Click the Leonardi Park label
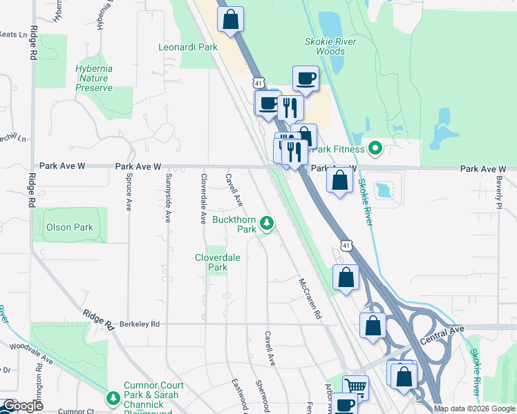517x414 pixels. click(188, 48)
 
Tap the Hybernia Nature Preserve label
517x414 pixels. click(93, 78)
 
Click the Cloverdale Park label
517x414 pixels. click(217, 262)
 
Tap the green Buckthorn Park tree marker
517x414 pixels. click(267, 223)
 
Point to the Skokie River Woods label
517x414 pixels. click(330, 46)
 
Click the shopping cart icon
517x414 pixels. click(355, 386)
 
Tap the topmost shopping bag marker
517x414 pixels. click(231, 20)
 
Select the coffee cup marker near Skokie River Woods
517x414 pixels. click(305, 78)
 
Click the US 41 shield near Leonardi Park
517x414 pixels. click(258, 82)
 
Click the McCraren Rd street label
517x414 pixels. click(310, 298)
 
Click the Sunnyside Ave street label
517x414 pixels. click(167, 197)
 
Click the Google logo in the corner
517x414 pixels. click(23, 406)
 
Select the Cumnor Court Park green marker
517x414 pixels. click(113, 398)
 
